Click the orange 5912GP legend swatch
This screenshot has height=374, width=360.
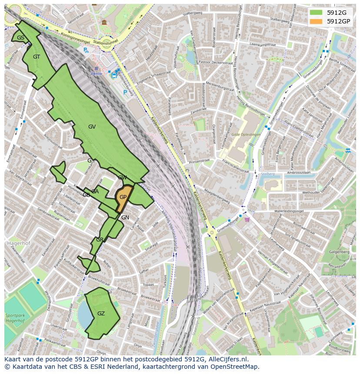point(316,21)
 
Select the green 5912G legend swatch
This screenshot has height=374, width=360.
point(316,12)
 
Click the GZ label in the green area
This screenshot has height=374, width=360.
point(101,314)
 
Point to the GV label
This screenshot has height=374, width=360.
point(92,127)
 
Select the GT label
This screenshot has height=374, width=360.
point(37,57)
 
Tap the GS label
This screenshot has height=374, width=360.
point(20,38)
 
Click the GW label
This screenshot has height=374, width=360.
point(122,178)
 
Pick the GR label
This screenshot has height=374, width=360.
point(100,240)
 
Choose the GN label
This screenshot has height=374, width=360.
point(125,218)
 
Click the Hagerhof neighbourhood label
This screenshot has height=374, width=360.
point(17,243)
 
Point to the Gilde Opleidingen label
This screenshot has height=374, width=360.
point(246,135)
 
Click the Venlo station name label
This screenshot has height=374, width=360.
point(96,73)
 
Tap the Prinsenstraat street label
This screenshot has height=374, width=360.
point(200,161)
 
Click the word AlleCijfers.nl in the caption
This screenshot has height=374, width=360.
point(227,359)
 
